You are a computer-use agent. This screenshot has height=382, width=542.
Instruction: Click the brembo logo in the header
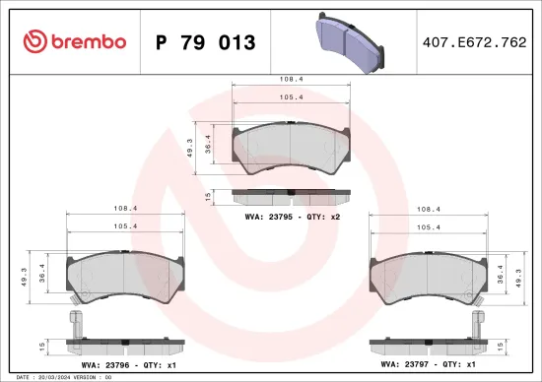pyautogui.click(x=74, y=41)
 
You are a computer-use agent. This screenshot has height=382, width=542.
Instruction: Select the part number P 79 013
pyautogui.click(x=206, y=42)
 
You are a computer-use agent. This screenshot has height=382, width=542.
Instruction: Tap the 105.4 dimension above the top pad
pyautogui.click(x=291, y=98)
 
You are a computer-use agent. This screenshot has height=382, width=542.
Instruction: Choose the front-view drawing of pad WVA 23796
pyautogui.click(x=126, y=275)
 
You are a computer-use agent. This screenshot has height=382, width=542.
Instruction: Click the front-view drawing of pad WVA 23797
pyautogui.click(x=430, y=275)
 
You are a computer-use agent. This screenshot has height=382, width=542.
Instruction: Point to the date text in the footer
pyautogui.click(x=59, y=377)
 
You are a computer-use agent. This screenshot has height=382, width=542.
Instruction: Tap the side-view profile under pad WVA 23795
pyautogui.click(x=291, y=196)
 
